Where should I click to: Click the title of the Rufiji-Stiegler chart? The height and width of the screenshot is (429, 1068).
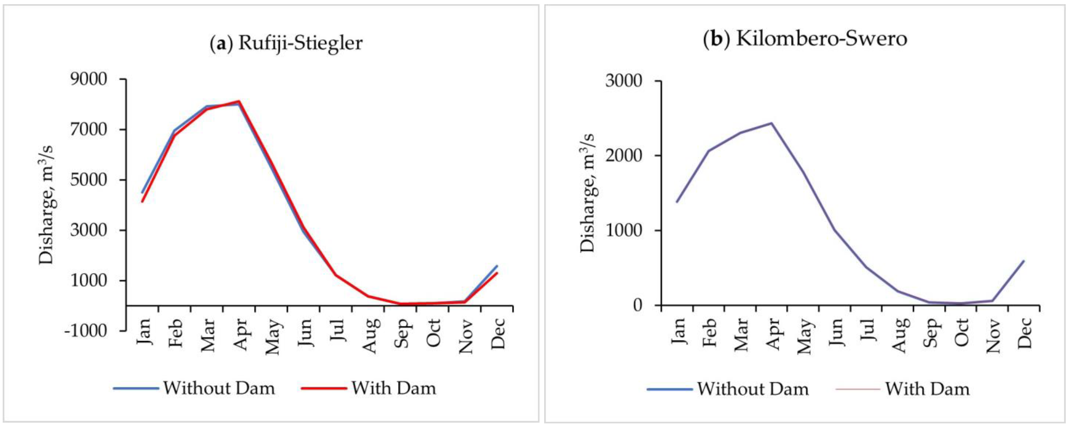286,43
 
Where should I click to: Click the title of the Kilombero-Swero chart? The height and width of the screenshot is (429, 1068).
805,39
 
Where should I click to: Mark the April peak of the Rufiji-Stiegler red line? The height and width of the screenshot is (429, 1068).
239,101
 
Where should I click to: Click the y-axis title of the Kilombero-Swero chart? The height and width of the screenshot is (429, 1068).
587,193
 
